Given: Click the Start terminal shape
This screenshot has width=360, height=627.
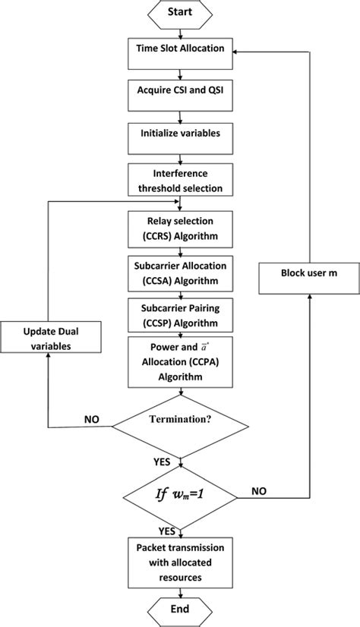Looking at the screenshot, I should point(180,13).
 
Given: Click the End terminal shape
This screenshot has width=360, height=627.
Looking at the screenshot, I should point(180,610).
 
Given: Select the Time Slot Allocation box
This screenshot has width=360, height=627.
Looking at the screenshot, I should point(180,49).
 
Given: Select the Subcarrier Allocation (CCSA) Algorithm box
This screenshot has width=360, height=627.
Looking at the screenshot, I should point(180,270).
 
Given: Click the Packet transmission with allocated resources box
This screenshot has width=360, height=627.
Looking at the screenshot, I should point(180,562).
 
